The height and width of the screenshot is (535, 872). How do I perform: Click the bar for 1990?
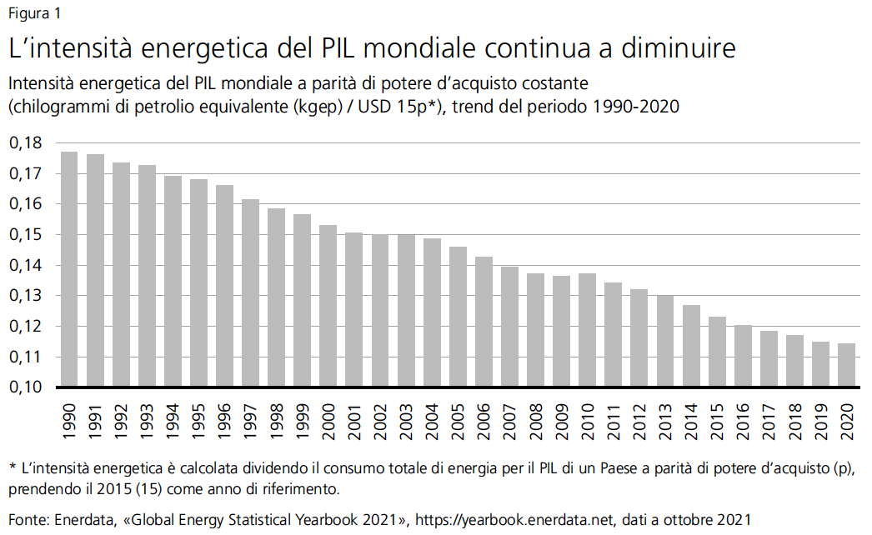tap(70, 269)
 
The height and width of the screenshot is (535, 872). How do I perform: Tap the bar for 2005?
tap(458, 317)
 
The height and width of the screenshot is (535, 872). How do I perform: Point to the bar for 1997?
tap(251, 293)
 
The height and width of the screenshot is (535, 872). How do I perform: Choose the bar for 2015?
tap(717, 352)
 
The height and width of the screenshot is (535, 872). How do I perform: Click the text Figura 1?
tap(34, 13)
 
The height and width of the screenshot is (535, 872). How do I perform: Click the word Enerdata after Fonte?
tap(82, 519)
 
